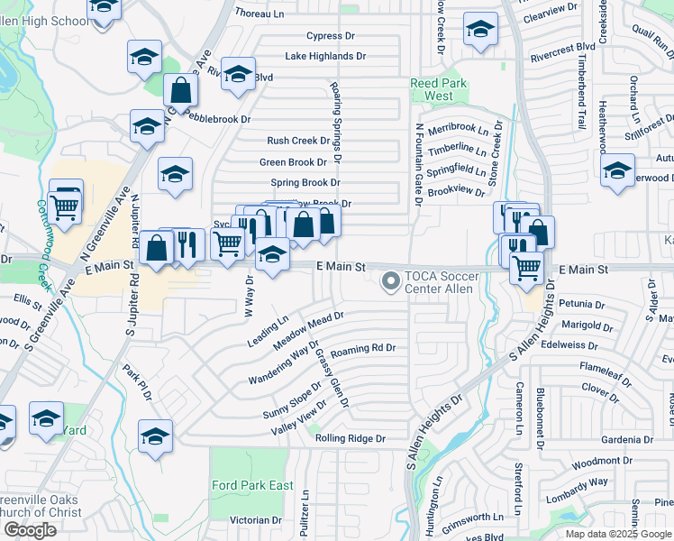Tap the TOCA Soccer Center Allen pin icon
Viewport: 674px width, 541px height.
point(391,282)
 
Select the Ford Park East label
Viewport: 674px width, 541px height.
point(253,485)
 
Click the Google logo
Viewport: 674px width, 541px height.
point(29,530)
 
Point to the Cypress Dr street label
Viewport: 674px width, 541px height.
point(331,36)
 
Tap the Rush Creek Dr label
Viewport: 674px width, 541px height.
point(299,141)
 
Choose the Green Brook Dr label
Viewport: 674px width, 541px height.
point(293,162)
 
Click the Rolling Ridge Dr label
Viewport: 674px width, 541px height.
point(351,438)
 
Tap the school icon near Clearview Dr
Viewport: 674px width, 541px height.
point(480,31)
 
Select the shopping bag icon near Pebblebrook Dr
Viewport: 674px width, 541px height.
point(181,90)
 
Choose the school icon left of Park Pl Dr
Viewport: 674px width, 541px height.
point(156,436)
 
